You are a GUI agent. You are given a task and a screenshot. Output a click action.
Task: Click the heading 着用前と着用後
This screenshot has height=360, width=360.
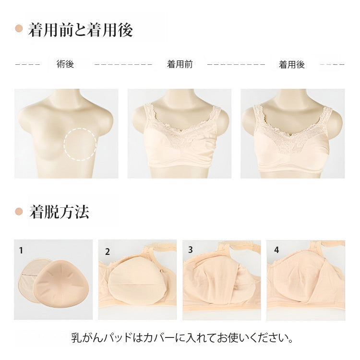[x=81, y=30]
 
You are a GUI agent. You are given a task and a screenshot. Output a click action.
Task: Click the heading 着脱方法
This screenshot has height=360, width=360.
[x=59, y=212]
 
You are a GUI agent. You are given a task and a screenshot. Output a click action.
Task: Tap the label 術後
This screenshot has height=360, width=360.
[x=65, y=64]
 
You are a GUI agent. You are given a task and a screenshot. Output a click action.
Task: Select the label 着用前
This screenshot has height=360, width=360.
[x=180, y=64]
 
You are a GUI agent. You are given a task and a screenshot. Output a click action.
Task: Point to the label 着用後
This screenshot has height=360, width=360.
[x=292, y=64]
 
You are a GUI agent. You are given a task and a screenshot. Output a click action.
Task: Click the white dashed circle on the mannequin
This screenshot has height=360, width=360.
[x=80, y=144]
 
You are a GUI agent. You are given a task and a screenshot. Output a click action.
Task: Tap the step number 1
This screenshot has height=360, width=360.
[x=21, y=250]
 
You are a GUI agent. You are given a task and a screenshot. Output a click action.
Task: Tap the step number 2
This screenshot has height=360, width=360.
[x=108, y=251]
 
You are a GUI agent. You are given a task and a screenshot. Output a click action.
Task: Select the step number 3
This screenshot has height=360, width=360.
[x=191, y=250]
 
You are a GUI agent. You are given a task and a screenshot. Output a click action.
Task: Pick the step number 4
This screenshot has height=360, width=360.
[x=276, y=250]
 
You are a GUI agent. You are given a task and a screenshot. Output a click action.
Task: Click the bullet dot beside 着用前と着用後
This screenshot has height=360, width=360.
[x=19, y=29]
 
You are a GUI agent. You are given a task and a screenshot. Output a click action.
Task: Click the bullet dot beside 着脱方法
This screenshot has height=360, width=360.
[x=19, y=211]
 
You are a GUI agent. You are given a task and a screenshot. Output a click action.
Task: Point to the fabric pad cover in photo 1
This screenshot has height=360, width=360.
[x=30, y=283]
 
